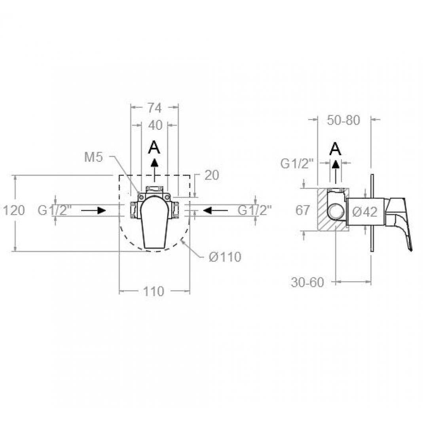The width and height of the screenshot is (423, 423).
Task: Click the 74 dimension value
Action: [155, 108]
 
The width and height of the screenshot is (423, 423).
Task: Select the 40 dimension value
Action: [155, 125]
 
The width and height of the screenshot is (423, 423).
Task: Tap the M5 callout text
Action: [93, 157]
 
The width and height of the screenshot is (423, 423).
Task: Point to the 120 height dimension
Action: [13, 210]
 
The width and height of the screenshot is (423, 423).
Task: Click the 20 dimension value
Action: [212, 175]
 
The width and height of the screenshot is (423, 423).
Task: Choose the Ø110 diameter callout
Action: [225, 257]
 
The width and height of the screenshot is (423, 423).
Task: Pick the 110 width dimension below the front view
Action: [153, 291]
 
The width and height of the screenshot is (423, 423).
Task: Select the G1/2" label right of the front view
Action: [255, 210]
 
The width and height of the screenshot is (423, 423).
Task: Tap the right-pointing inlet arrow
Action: [93, 211]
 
